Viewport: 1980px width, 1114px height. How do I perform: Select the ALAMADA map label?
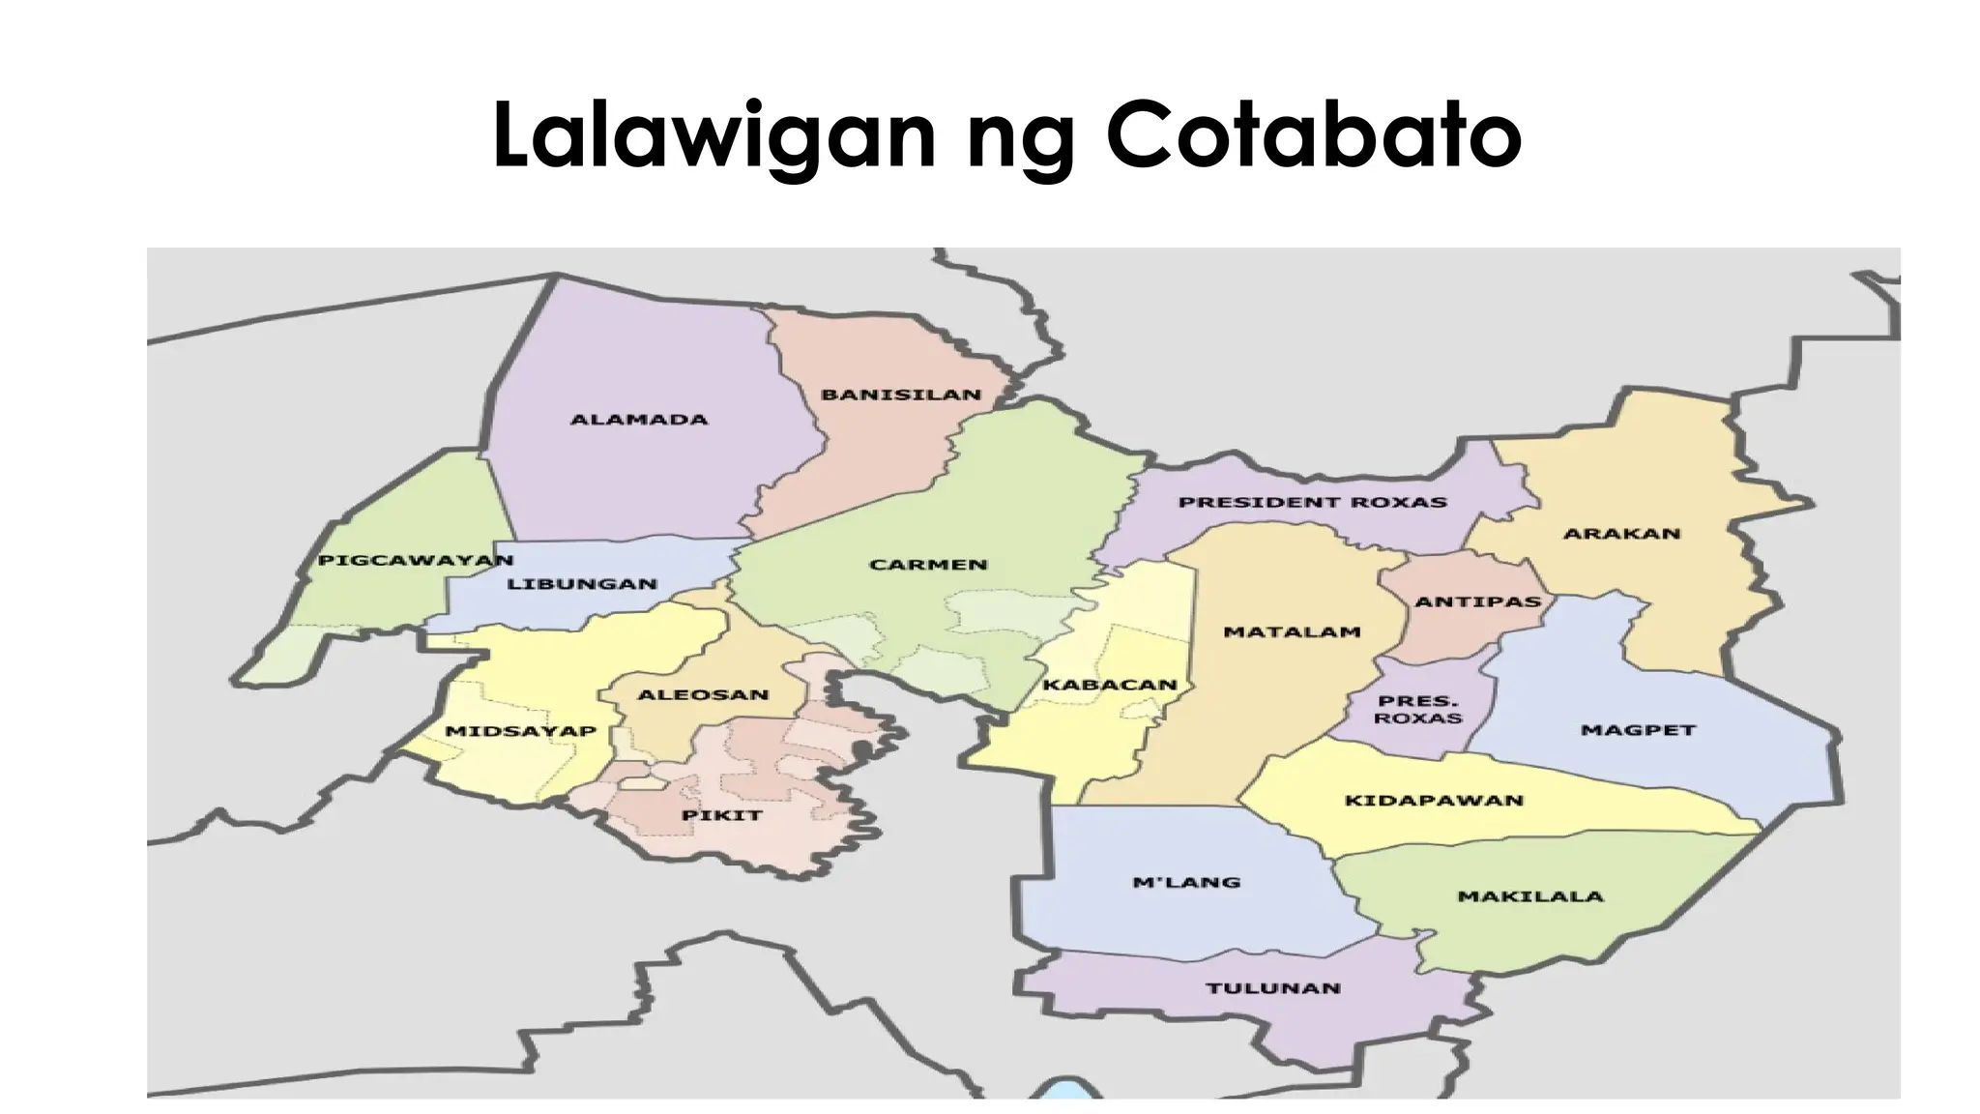639,420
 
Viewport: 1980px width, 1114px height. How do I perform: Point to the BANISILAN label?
901,395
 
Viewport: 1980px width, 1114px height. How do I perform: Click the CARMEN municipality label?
928,565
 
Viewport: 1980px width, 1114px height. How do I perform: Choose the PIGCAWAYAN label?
416,561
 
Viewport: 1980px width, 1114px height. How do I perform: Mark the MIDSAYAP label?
520,731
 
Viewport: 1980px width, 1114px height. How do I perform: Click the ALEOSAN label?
703,694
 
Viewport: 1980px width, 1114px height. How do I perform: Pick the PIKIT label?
722,815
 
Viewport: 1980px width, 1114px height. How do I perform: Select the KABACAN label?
1110,686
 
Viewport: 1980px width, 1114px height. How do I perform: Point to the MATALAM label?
1293,632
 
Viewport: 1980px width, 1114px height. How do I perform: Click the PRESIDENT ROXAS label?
1312,503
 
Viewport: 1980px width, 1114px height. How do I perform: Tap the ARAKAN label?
1622,534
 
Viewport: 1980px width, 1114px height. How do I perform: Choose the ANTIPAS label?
1477,601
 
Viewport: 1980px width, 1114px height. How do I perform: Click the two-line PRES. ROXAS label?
1418,710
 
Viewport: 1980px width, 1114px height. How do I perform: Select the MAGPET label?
1638,730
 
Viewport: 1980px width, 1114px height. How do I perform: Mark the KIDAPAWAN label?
1434,801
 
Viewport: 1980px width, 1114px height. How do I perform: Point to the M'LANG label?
1185,882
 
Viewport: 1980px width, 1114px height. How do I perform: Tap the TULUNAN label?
1273,988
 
